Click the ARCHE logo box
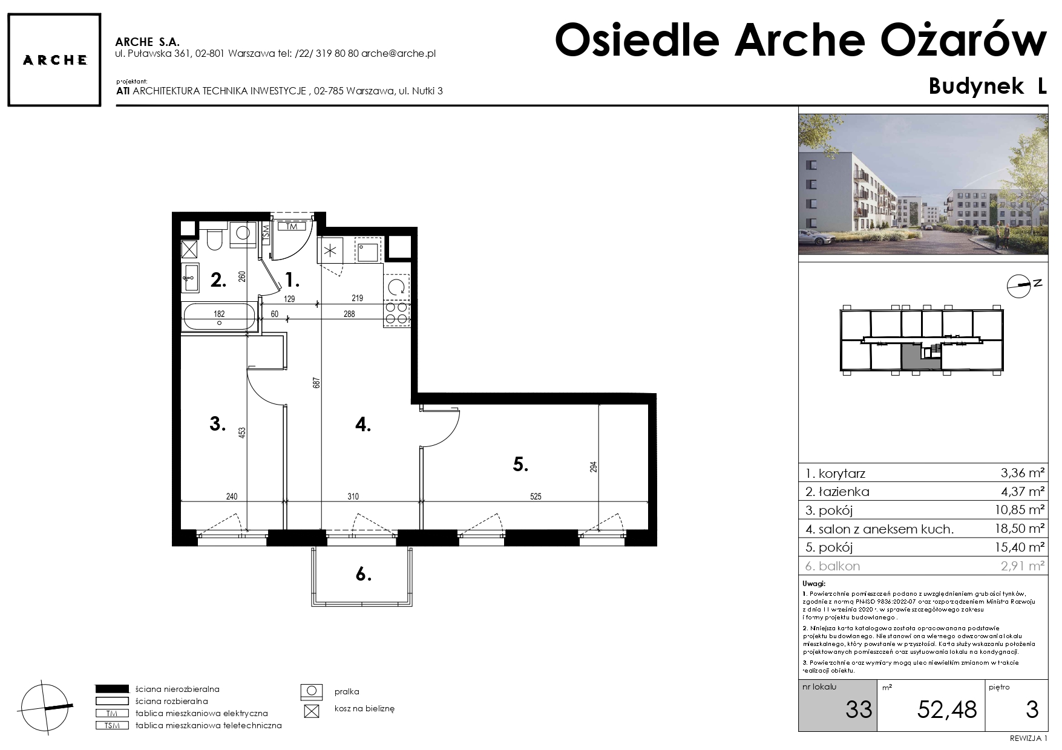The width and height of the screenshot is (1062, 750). (x=54, y=60)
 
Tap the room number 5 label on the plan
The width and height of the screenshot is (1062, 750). (x=521, y=465)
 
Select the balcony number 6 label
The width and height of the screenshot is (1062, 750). (x=363, y=575)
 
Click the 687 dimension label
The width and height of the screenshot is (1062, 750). (x=316, y=383)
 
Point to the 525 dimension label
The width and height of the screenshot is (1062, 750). (x=536, y=497)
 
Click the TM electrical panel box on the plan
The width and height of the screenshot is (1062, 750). (x=292, y=227)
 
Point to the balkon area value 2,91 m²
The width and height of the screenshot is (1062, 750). (x=1022, y=566)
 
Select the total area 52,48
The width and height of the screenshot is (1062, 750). (x=947, y=709)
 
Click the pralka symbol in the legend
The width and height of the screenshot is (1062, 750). (x=311, y=691)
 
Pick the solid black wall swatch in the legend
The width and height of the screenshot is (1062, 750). (x=113, y=688)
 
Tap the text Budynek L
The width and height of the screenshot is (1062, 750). (x=988, y=86)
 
